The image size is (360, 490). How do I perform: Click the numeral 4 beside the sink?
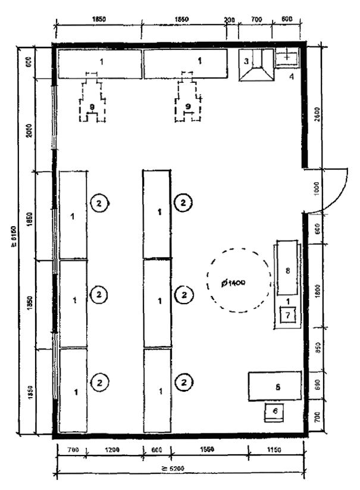(292, 77)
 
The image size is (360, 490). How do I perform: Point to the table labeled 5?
(277, 386)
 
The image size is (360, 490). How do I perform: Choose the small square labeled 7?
(287, 315)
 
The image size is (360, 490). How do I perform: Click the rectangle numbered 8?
(287, 271)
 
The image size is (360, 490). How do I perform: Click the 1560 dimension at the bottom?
(208, 450)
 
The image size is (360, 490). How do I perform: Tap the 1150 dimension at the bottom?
(277, 450)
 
